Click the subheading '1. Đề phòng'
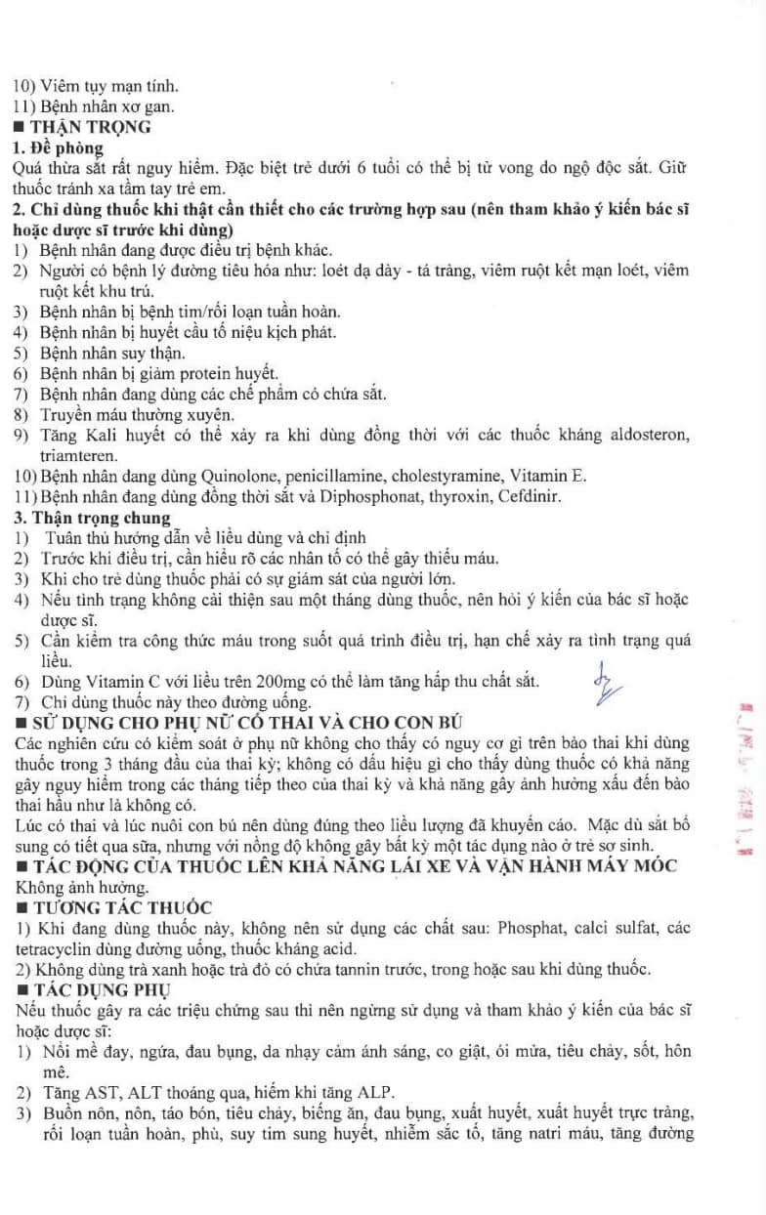(58, 147)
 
